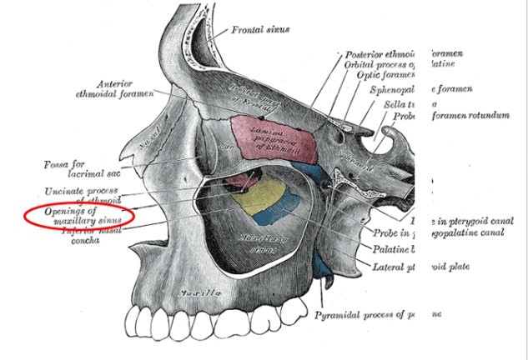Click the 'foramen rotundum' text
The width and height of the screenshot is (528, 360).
tap(470, 115)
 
